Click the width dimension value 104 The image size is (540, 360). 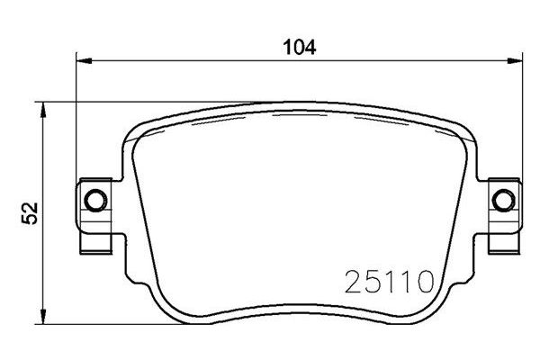click(x=300, y=46)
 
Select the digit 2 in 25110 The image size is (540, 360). click(x=353, y=286)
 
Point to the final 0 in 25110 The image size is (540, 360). click(x=428, y=286)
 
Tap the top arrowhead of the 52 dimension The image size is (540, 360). click(x=42, y=109)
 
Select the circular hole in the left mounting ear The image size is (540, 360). click(x=94, y=199)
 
